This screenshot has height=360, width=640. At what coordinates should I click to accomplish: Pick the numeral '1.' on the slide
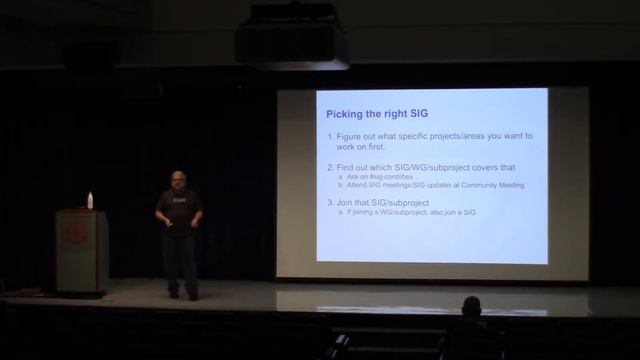click(332, 136)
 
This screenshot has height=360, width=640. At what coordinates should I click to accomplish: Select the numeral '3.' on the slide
click(332, 202)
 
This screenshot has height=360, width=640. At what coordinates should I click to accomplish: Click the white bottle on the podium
click(90, 200)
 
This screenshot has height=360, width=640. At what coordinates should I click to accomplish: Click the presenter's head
click(178, 179)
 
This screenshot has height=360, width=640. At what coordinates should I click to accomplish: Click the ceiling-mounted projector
click(291, 42)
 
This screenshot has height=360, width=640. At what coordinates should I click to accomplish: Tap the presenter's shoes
click(182, 295)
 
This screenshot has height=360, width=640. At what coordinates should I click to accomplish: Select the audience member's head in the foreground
click(471, 305)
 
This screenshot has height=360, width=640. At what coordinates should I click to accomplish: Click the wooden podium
click(80, 250)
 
